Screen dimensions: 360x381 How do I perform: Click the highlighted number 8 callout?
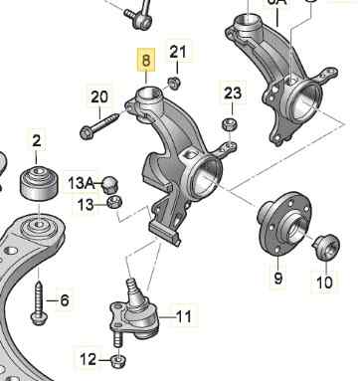(146, 60)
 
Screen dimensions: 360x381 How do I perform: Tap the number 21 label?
(178, 52)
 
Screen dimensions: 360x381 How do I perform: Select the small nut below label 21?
(174, 83)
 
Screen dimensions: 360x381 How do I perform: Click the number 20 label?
(99, 96)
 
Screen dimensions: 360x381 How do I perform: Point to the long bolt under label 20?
(99, 125)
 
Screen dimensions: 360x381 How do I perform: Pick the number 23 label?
(233, 94)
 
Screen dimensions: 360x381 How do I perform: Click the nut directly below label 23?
(230, 124)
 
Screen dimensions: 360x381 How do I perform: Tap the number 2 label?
(37, 140)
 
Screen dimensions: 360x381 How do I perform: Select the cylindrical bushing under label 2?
(40, 183)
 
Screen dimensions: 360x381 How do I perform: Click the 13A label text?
(82, 183)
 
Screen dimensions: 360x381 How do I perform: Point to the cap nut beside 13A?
(109, 185)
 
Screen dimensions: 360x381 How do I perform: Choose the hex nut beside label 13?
(115, 202)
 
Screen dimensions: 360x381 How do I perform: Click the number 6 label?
(65, 300)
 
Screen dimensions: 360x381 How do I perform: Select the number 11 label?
(183, 316)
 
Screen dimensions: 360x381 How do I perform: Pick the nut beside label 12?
(117, 361)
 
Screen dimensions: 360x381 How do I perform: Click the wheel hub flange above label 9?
(284, 224)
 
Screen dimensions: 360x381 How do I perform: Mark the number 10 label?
(324, 283)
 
